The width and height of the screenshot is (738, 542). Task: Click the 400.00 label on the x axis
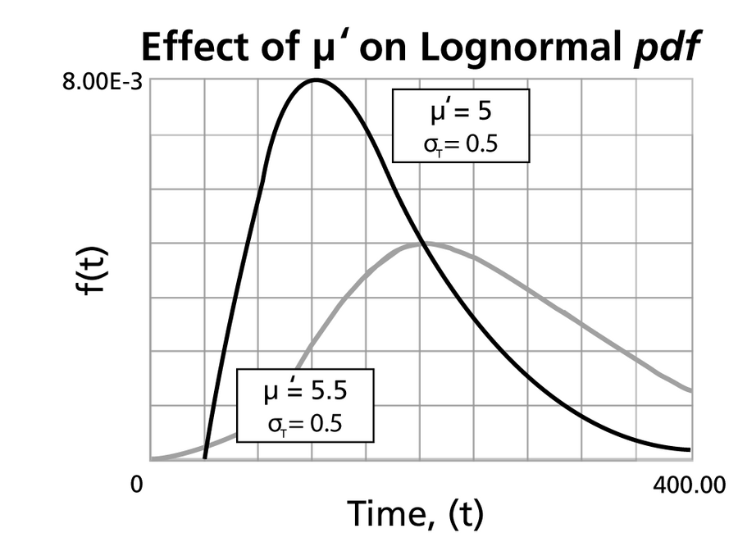pyautogui.click(x=690, y=485)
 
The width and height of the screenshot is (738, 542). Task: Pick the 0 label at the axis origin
pyautogui.click(x=137, y=485)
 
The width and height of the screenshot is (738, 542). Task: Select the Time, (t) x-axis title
pyautogui.click(x=416, y=514)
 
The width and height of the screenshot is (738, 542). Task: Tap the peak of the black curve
pyautogui.click(x=314, y=80)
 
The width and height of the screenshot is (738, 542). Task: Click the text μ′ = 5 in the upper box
pyautogui.click(x=461, y=112)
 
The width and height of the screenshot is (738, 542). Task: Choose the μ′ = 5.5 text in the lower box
pyautogui.click(x=305, y=391)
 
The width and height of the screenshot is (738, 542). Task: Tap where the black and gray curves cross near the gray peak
pyautogui.click(x=420, y=243)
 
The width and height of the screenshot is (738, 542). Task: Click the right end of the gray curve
pyautogui.click(x=690, y=390)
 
